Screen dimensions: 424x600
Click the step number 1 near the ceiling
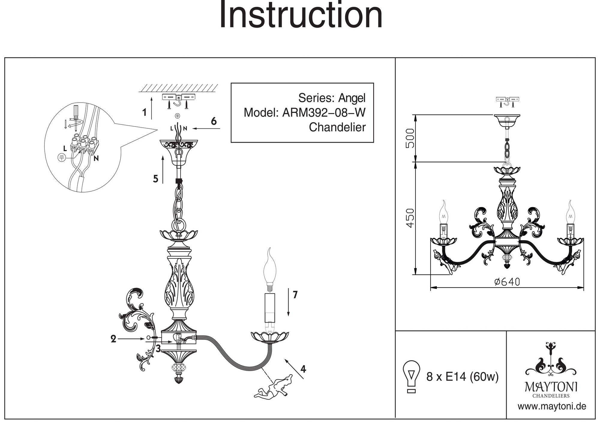(145, 113)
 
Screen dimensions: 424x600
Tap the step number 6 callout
(214, 121)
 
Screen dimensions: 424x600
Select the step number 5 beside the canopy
(155, 179)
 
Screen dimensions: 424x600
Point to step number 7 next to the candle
(295, 295)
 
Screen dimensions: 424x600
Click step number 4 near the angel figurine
(303, 369)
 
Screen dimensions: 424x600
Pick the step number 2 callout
(113, 339)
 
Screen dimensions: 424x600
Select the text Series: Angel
(332, 98)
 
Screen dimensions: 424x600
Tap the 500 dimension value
(410, 138)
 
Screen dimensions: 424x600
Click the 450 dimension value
(410, 218)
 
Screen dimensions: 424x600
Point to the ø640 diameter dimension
(507, 282)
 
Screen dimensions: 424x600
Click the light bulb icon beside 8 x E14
(412, 377)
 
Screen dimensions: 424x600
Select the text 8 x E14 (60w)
(462, 377)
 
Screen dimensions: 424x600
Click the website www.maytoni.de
(552, 407)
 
